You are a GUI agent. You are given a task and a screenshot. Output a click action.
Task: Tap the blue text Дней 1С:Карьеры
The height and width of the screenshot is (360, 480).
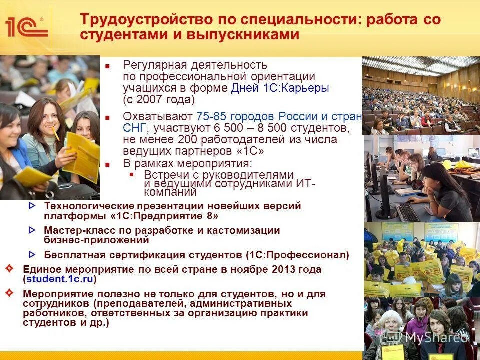[x=280, y=88]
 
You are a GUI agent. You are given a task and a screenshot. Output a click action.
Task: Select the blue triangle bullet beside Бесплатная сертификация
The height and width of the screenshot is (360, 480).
[x=32, y=254]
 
